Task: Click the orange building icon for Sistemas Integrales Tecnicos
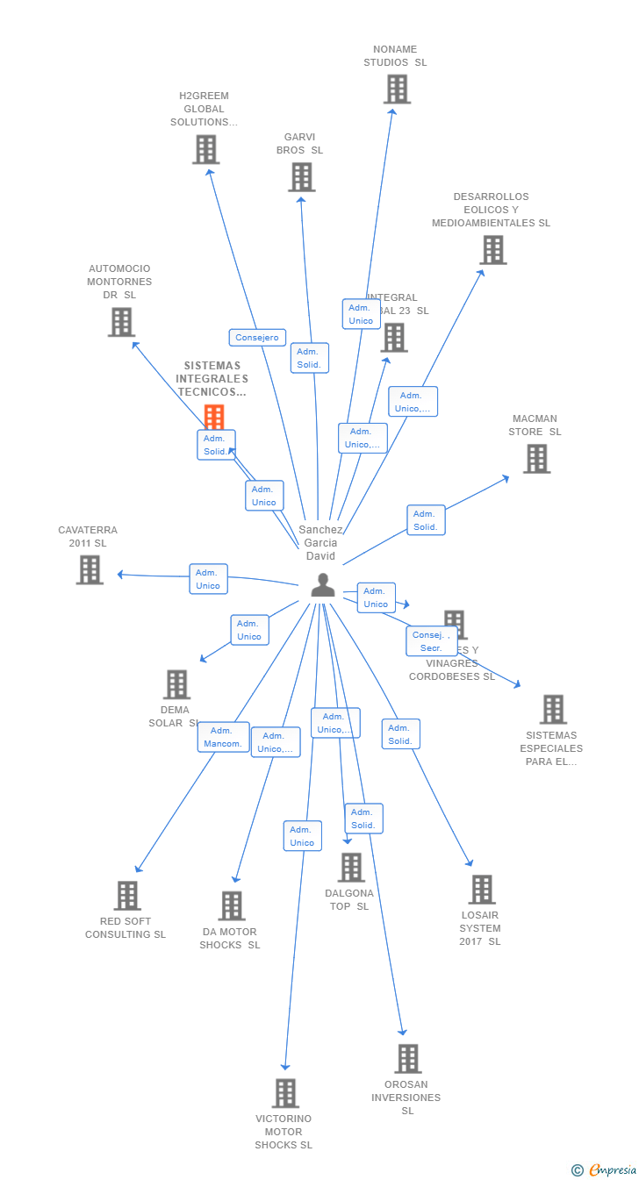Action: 214,417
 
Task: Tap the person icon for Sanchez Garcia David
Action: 323,585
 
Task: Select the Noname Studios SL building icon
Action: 397,89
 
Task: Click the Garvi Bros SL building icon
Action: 301,177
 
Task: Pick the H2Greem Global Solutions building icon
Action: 205,149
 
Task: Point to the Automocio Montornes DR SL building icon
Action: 121,322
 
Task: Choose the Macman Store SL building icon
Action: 536,459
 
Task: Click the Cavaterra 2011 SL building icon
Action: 90,570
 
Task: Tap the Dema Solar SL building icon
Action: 176,685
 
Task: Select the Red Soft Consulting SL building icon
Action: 127,896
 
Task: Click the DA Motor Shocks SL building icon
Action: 231,906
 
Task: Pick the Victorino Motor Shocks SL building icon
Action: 285,1093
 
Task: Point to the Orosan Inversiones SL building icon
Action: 407,1059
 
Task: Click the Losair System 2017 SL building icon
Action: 481,890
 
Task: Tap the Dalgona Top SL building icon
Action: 351,868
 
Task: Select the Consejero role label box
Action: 257,338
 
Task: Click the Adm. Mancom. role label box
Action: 223,738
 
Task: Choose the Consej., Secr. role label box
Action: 431,641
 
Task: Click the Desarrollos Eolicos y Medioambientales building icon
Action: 492,250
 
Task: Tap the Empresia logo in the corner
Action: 604,1169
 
